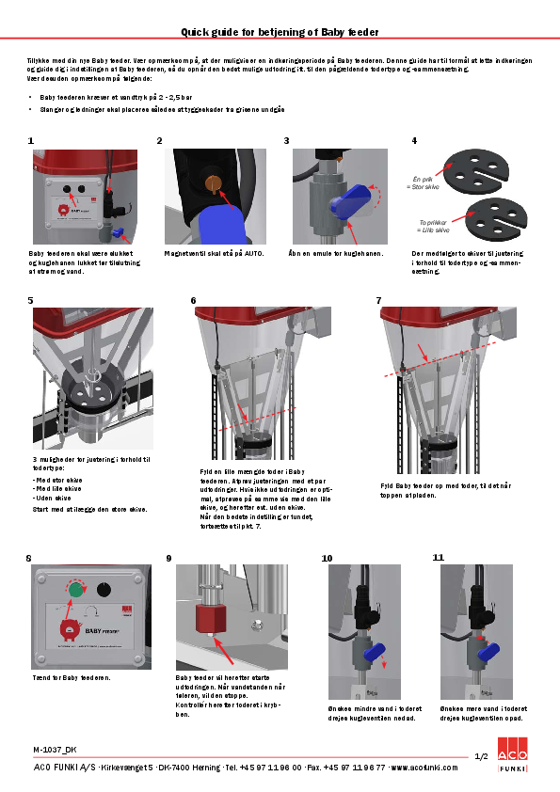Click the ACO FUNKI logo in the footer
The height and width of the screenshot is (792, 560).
(512, 761)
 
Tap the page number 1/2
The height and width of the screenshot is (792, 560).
(480, 756)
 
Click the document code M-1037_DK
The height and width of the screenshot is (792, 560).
(55, 749)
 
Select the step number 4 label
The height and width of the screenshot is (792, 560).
(414, 140)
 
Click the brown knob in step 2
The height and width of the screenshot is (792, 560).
(212, 182)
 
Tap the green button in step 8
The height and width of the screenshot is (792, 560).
(74, 590)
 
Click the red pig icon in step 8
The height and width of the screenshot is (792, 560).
(70, 628)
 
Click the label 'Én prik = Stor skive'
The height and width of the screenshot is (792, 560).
(422, 182)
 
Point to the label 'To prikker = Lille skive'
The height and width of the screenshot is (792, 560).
(432, 225)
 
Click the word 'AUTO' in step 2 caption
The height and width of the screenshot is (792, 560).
(255, 253)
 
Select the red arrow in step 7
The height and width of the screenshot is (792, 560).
(426, 357)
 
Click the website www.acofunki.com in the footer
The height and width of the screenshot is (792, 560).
(424, 768)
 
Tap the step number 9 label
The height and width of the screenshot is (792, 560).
(168, 558)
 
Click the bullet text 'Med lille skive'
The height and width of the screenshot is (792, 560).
(59, 487)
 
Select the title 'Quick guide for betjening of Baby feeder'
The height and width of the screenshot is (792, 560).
(280, 31)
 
